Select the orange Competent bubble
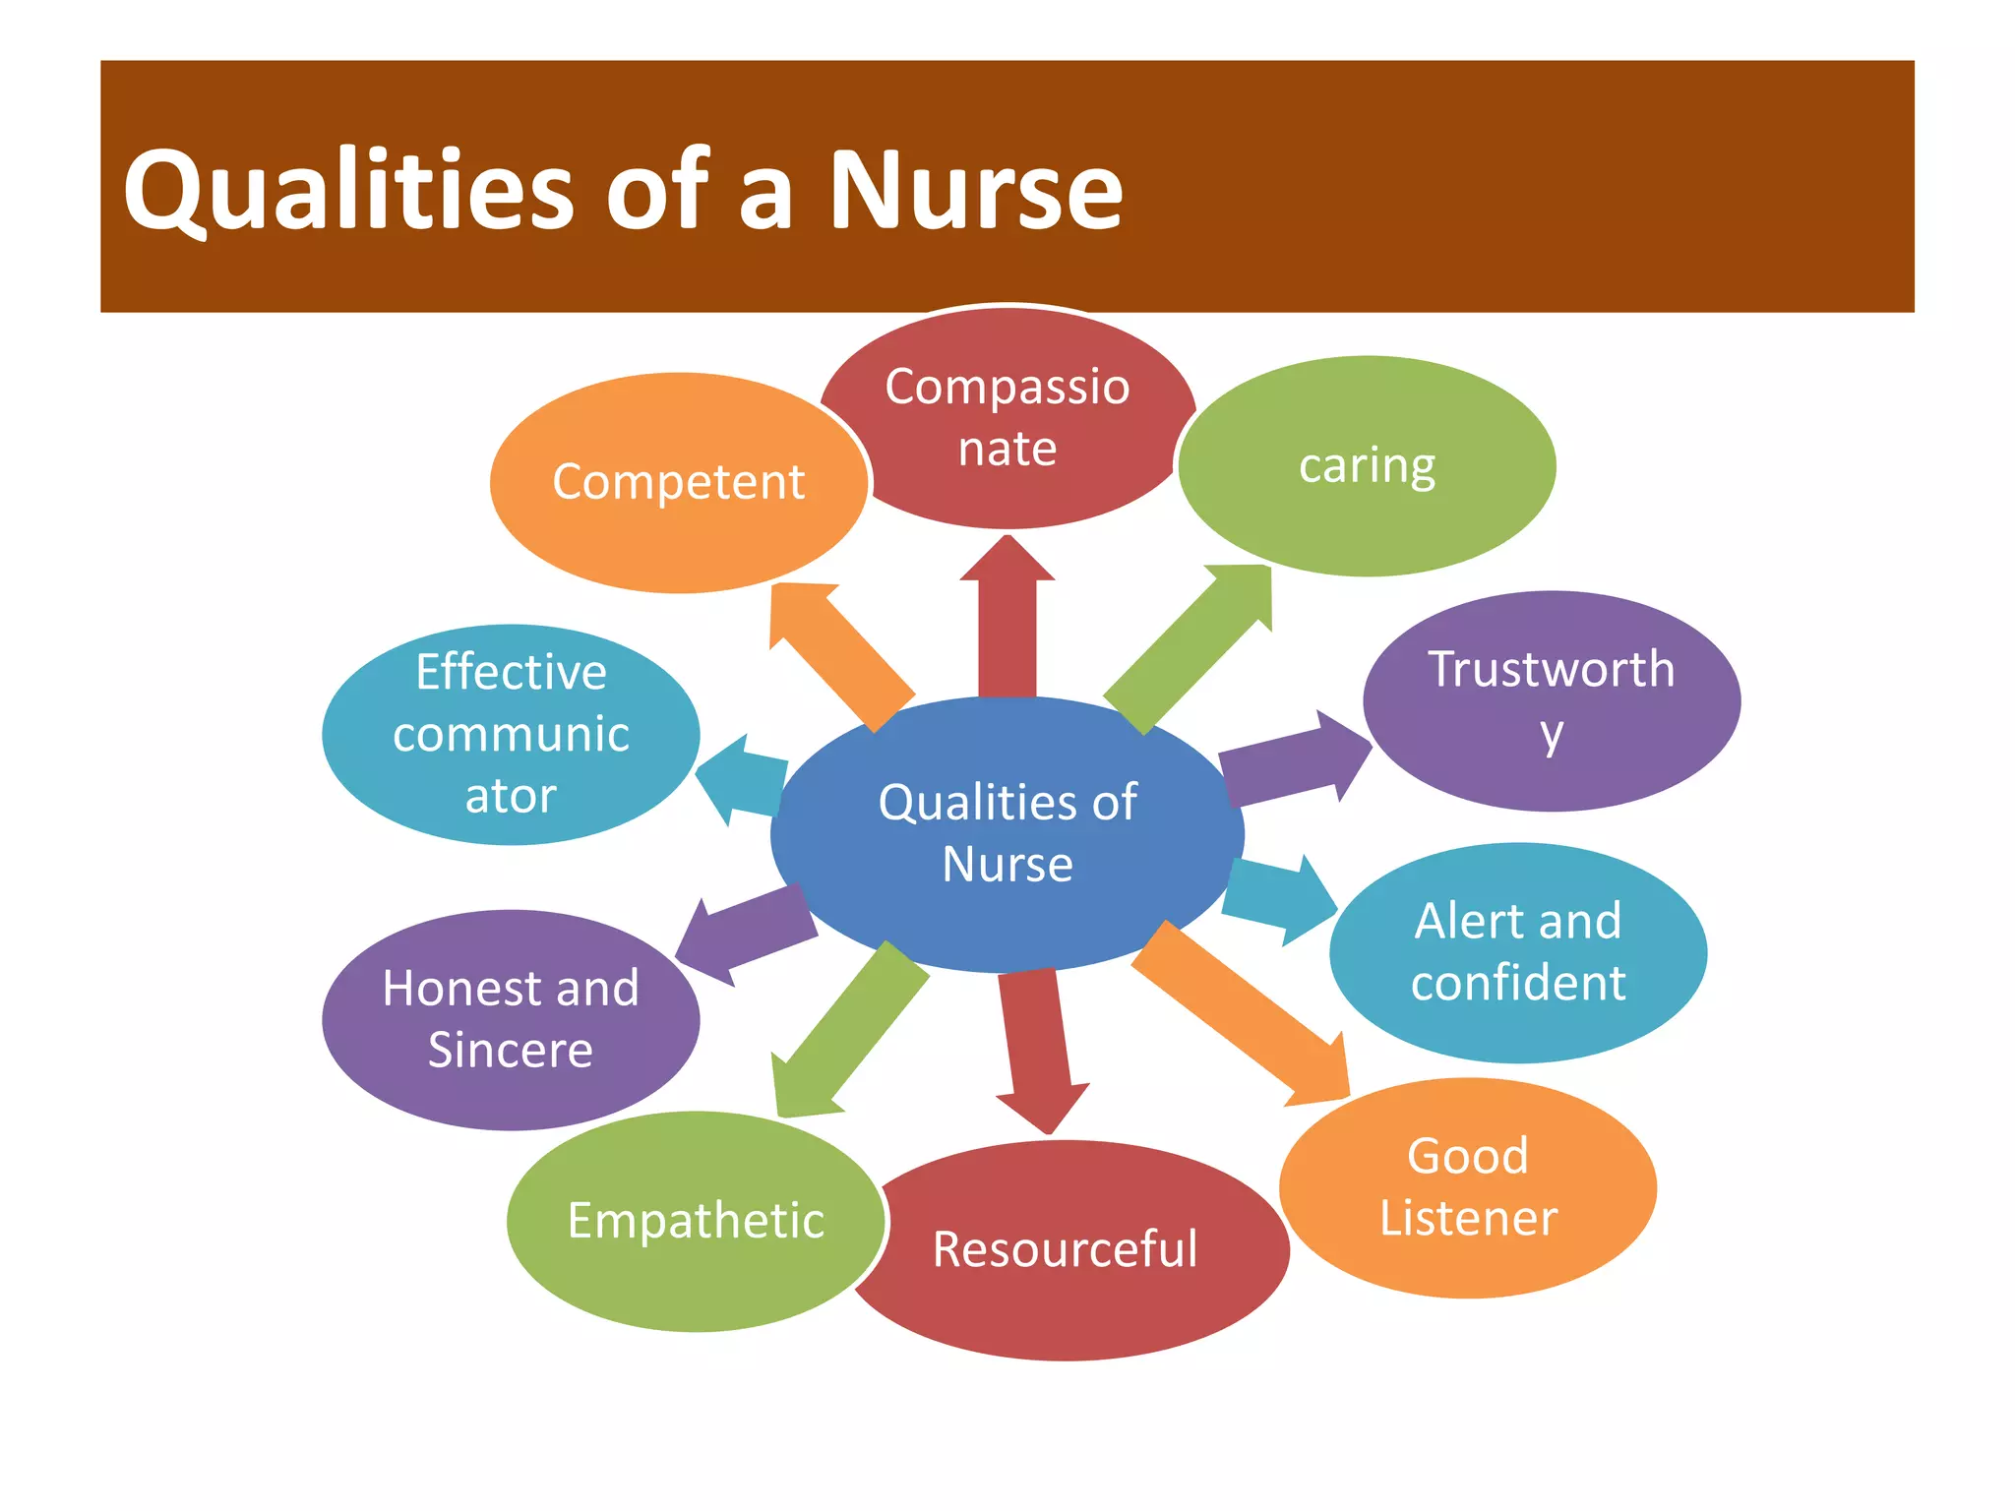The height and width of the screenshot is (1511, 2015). pos(679,482)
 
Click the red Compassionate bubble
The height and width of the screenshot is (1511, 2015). pos(1007,417)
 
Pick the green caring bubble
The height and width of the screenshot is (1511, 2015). pos(1367,465)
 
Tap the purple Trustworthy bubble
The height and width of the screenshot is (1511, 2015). pos(1552,700)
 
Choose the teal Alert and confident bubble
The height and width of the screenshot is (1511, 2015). pos(1518,952)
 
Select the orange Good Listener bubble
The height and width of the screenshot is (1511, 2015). pos(1468,1186)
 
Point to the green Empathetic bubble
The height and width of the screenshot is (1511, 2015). pos(696,1221)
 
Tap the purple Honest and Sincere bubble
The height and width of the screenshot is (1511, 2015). pos(511,1019)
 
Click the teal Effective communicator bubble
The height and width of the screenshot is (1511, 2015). pos(511,734)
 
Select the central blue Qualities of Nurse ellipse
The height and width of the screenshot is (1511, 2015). pos(1007,832)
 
